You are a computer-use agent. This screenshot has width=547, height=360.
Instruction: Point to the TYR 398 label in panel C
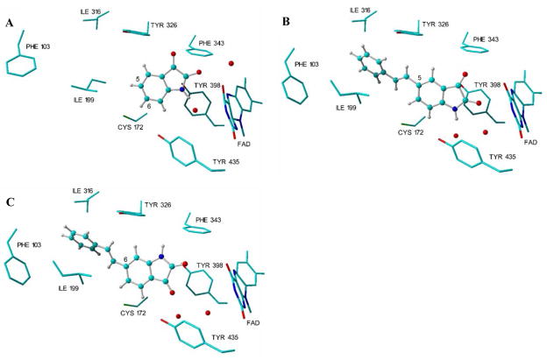[x=211, y=264]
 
